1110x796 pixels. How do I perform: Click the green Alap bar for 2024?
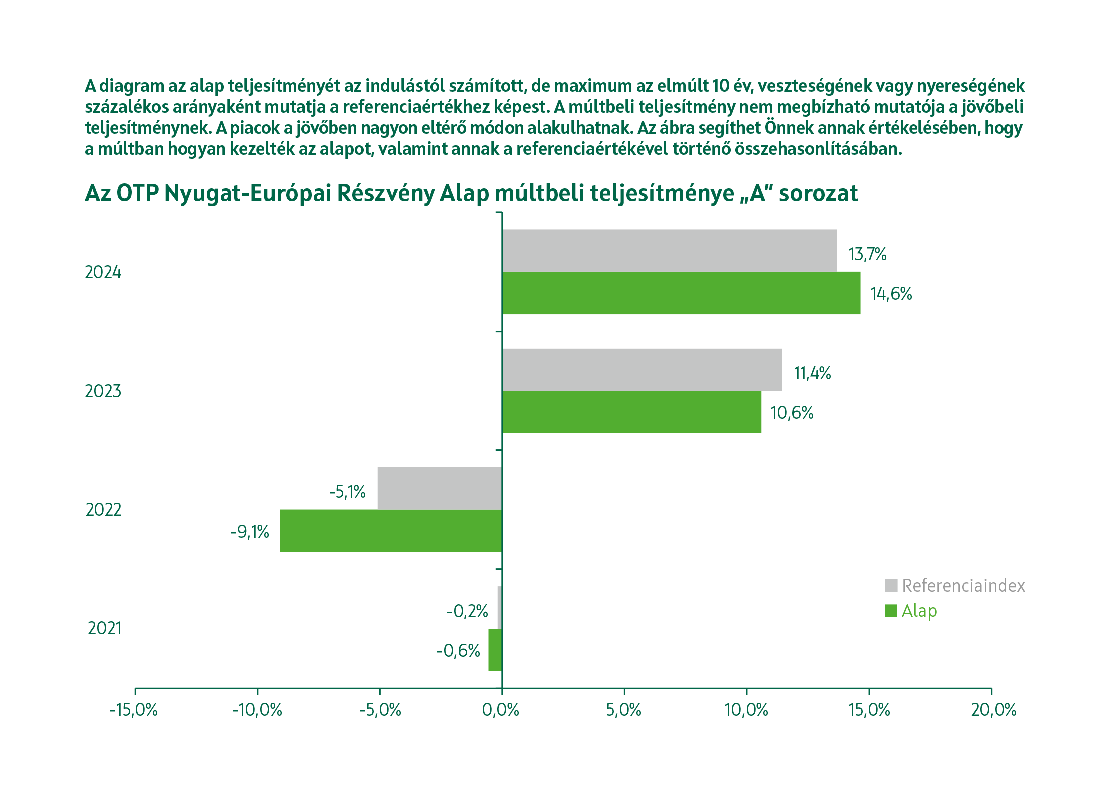681,293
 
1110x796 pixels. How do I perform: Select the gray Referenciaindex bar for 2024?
669,251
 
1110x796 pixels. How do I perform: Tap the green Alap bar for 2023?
631,412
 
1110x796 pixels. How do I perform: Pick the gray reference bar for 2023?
641,370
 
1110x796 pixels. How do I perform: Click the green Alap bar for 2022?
391,530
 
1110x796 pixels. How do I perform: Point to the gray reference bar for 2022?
440,488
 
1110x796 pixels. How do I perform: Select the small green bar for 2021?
495,650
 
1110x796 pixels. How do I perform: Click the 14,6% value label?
891,294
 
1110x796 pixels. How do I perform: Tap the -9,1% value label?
250,532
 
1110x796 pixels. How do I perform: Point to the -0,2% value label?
467,611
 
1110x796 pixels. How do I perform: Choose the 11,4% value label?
812,373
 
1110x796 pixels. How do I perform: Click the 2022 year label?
103,510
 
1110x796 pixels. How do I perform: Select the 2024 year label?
103,272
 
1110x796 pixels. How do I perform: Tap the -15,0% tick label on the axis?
134,710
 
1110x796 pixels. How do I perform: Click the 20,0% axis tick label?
994,710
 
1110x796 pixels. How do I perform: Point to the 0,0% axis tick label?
501,710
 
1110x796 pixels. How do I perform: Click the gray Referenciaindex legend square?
891,585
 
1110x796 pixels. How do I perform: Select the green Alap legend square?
891,611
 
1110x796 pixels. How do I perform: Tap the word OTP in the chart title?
137,193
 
